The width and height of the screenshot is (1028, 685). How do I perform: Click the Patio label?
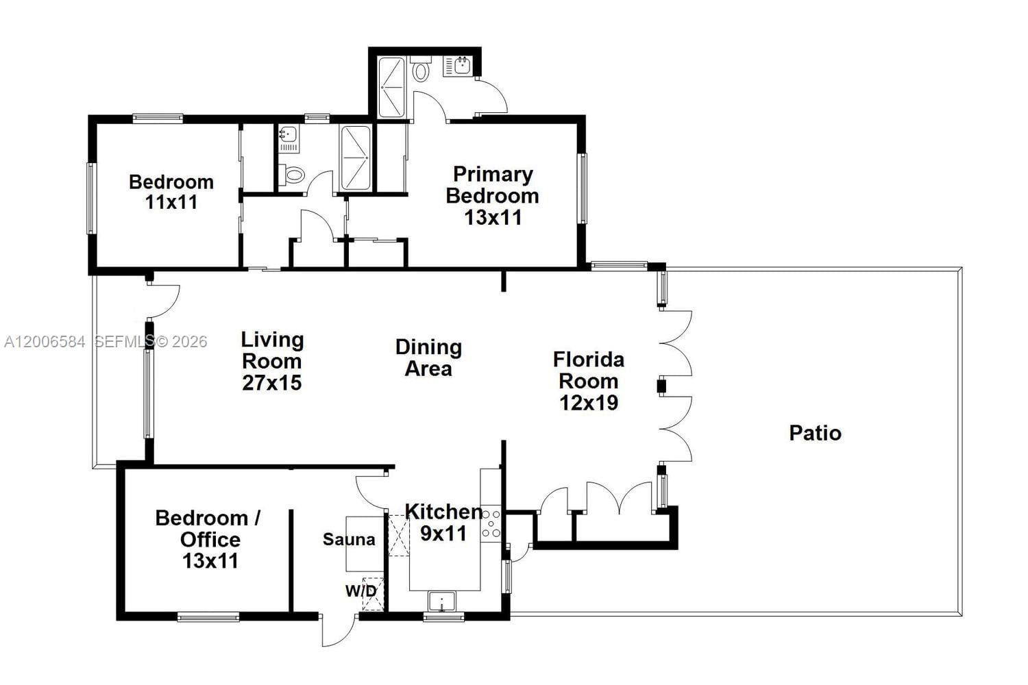[x=815, y=433]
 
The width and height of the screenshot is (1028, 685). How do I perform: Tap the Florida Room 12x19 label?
[x=589, y=381]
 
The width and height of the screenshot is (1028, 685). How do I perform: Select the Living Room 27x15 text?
[x=272, y=361]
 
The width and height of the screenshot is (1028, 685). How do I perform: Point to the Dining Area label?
[x=428, y=358]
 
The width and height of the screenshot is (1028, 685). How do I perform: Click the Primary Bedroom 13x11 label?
[x=492, y=196]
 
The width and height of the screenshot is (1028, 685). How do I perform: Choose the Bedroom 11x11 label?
[x=171, y=192]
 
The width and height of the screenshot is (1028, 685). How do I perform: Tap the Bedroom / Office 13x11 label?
[x=209, y=539]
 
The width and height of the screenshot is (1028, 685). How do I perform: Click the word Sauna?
[x=349, y=540]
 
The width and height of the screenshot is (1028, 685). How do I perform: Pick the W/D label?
[x=360, y=590]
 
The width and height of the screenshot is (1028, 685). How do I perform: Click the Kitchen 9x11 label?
[x=443, y=522]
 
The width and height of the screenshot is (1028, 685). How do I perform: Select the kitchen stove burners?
[x=491, y=524]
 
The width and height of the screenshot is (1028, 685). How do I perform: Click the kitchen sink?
[x=442, y=602]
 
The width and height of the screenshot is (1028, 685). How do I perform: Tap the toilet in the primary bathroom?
[x=421, y=71]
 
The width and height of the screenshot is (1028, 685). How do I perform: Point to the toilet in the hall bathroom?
[x=293, y=175]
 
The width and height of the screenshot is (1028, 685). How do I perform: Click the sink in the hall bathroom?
[x=289, y=135]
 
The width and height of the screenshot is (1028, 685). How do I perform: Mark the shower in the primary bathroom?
[x=392, y=88]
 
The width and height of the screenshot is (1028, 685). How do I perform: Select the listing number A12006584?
[x=45, y=342]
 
